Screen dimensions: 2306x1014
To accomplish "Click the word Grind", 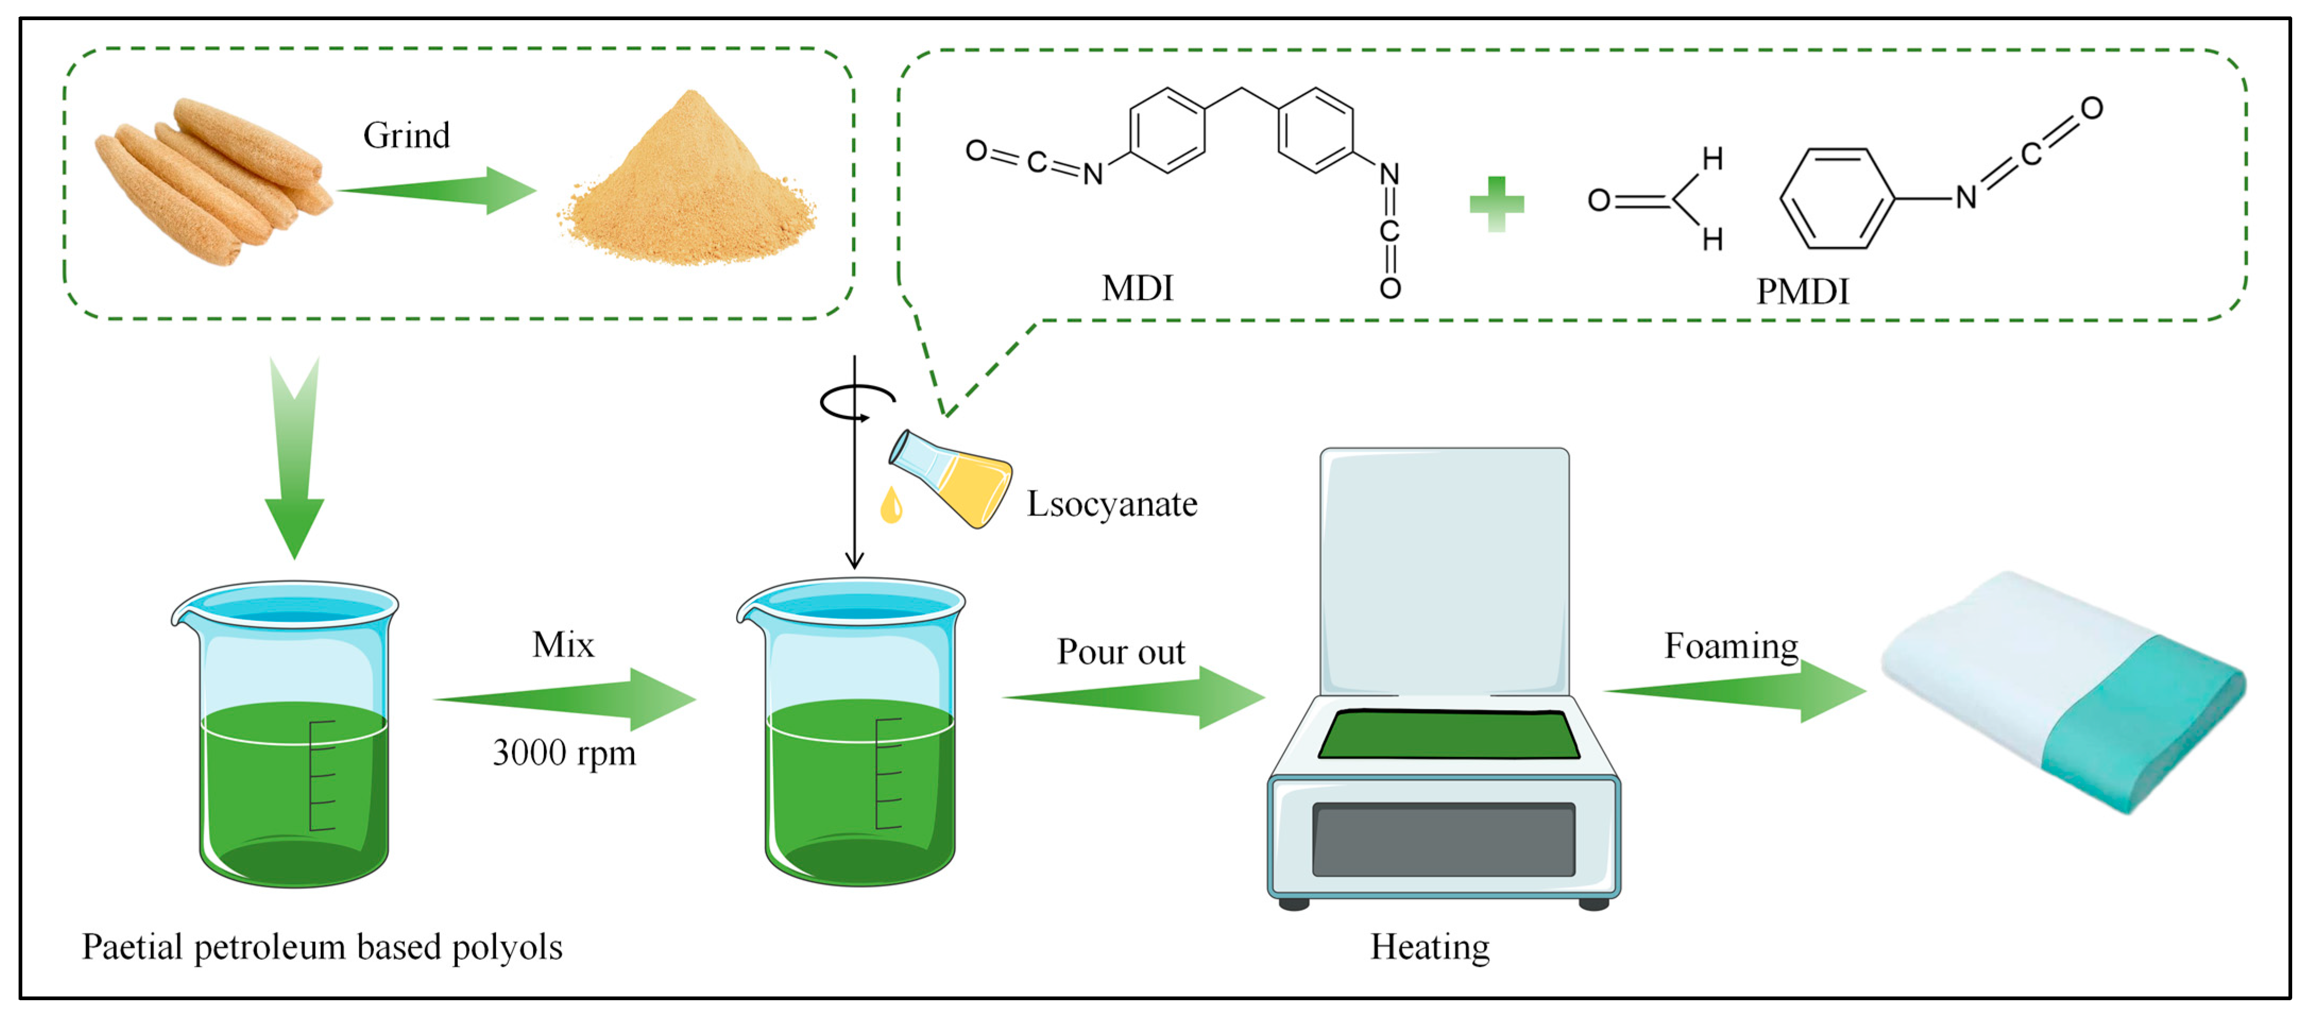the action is coord(406,136).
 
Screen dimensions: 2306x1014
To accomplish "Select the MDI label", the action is coord(1137,288).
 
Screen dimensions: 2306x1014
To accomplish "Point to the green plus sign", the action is coord(1497,203).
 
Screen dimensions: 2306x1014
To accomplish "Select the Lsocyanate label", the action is coord(1112,504).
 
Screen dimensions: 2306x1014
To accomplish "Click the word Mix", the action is coord(563,645).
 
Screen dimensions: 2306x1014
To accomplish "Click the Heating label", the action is coord(1430,947).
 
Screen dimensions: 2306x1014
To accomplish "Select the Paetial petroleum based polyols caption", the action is coord(322,947).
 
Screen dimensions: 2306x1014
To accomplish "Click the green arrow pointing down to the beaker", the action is coord(294,458).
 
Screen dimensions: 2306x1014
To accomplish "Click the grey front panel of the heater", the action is coord(1443,839).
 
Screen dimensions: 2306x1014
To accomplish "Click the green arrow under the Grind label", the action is coord(437,190).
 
